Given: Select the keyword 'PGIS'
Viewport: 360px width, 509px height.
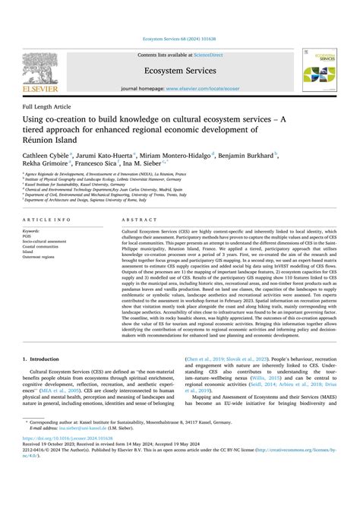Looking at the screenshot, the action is click(x=29, y=236).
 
